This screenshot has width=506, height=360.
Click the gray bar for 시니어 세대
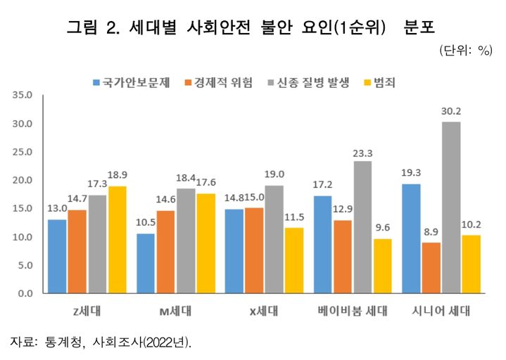[x=451, y=207]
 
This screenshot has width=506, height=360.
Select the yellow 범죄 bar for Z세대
[x=118, y=239]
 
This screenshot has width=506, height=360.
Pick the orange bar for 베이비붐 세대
[x=343, y=257]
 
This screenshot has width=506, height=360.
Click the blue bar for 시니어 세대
[x=411, y=238]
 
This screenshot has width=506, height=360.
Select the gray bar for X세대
[x=275, y=239]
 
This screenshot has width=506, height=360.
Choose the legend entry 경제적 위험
[x=222, y=82]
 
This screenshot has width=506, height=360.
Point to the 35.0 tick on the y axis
[x=23, y=95]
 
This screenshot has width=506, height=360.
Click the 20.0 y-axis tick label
[x=23, y=180]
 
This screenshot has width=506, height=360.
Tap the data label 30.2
[x=451, y=111]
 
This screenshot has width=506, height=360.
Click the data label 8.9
[x=431, y=232]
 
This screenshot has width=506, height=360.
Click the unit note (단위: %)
[x=464, y=51]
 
